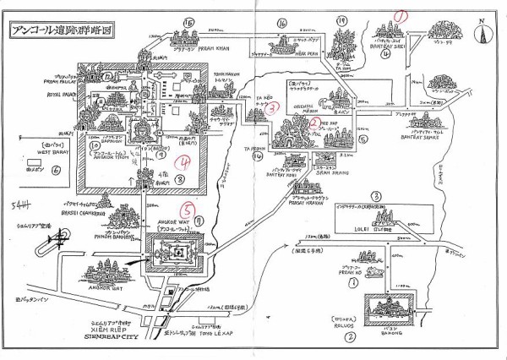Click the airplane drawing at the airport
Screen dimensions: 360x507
coord(60,239)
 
